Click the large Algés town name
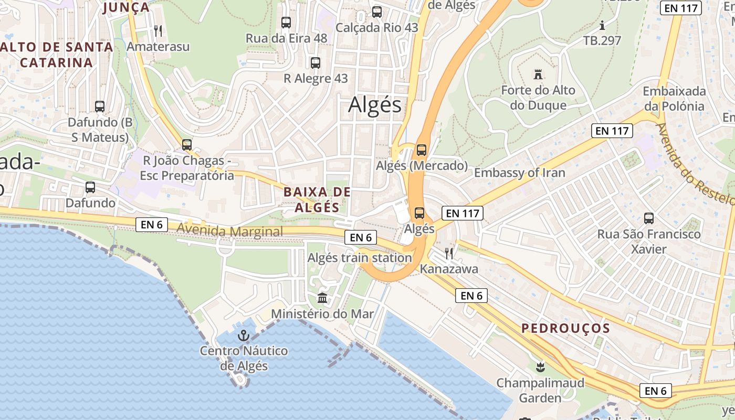point(375,105)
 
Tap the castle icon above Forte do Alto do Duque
point(538,75)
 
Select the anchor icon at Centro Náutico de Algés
point(244,335)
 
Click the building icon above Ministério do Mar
point(322,298)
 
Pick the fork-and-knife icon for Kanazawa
point(449,254)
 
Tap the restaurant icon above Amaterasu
point(158,31)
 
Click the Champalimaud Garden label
point(540,390)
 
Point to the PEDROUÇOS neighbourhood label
point(565,329)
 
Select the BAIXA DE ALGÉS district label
point(317,199)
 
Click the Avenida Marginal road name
point(229,231)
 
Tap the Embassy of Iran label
point(519,173)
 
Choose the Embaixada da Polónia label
point(674,99)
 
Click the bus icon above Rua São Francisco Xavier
point(649,218)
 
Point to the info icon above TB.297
point(602,25)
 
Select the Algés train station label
point(359,258)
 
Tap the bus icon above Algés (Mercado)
point(421,150)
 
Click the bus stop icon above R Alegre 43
point(316,63)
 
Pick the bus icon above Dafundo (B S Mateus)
point(100,107)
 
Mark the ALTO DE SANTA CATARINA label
point(56,55)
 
